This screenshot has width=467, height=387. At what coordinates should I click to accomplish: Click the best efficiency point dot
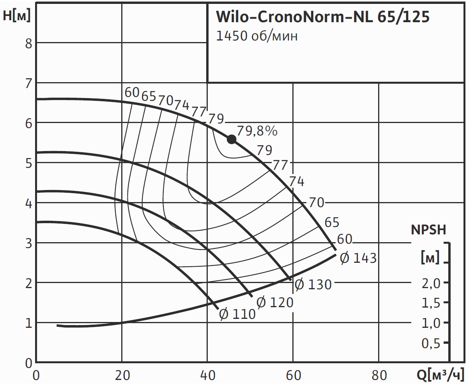(x=232, y=139)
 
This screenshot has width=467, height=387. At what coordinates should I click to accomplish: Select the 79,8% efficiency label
(x=257, y=131)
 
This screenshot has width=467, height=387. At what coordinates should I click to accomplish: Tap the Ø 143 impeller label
(x=358, y=258)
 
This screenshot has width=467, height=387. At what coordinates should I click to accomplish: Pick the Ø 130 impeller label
(x=313, y=285)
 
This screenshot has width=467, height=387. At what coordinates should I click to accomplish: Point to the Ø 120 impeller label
(x=275, y=302)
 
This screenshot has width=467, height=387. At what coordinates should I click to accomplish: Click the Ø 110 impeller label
(x=237, y=314)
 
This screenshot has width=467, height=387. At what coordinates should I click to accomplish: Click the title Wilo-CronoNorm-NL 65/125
(x=322, y=17)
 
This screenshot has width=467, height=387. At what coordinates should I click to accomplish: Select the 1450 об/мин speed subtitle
(x=257, y=36)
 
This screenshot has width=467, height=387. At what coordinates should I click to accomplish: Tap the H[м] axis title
(x=16, y=16)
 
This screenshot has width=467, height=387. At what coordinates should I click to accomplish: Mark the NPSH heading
(x=428, y=230)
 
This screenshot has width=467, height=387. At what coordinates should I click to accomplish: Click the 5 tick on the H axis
(x=28, y=163)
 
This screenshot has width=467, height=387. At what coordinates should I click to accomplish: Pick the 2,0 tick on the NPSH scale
(x=431, y=283)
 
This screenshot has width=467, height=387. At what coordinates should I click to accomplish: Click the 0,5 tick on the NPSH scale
(x=431, y=343)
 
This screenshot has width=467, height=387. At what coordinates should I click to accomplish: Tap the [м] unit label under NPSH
(x=430, y=258)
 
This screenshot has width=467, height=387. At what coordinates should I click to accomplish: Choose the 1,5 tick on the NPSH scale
(x=431, y=303)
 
